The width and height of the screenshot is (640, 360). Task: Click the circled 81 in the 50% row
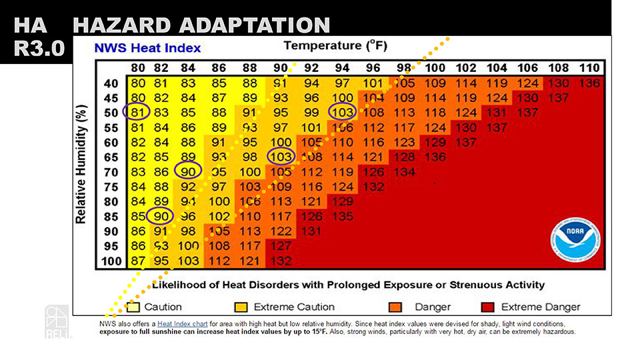point(137,112)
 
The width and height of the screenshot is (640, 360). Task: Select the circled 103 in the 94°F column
point(342,112)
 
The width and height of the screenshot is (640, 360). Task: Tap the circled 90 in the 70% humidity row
point(187,171)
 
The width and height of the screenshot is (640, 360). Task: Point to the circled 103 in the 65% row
point(281,157)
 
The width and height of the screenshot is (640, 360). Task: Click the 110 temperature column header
point(589,68)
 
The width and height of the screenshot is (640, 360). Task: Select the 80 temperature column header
point(138,68)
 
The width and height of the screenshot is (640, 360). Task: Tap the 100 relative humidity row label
point(110,261)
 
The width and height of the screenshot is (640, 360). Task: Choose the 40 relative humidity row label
point(112,83)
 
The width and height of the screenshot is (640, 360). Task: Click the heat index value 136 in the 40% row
point(589,83)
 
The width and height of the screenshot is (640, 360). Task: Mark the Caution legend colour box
point(133,307)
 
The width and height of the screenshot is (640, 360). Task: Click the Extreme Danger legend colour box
point(488,307)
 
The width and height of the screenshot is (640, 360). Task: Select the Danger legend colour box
point(395,307)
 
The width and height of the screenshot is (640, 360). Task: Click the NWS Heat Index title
point(147,48)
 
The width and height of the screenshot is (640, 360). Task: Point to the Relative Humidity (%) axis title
point(81,164)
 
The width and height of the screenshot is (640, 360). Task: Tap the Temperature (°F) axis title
point(335,46)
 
